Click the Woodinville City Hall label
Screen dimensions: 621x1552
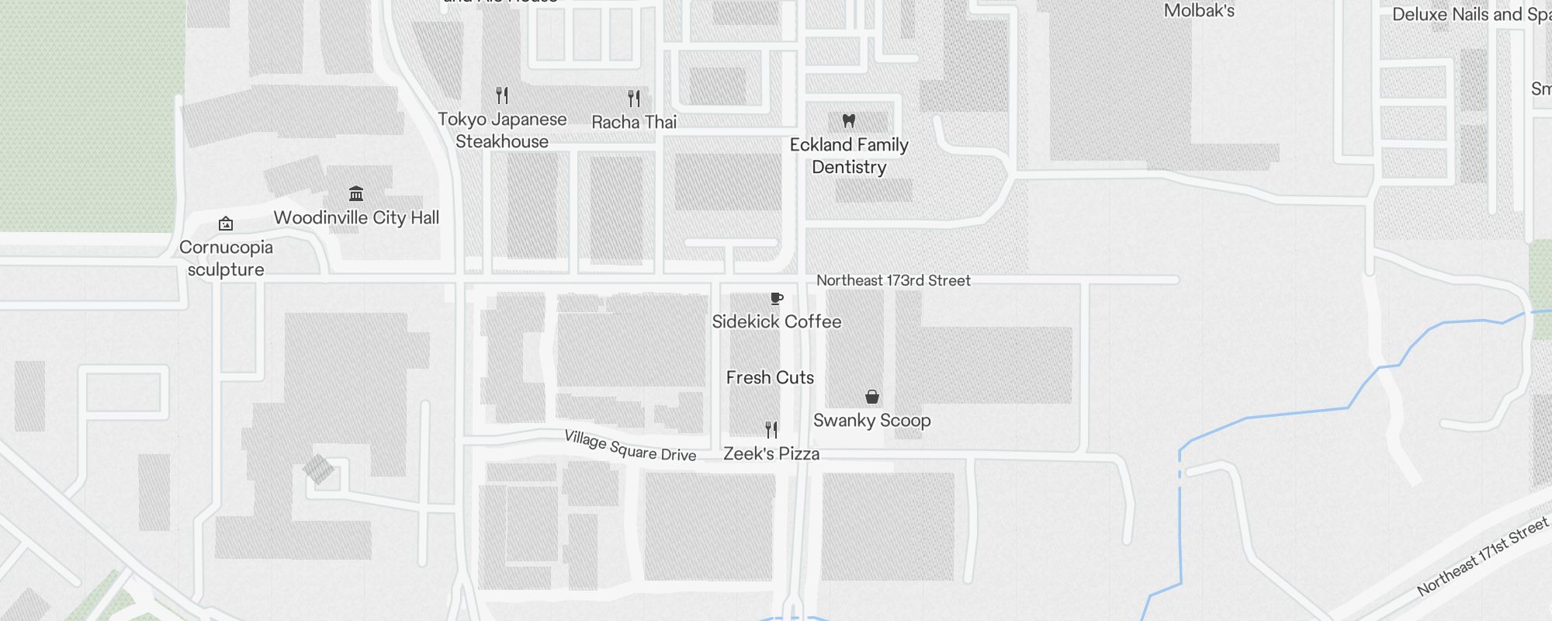(x=356, y=217)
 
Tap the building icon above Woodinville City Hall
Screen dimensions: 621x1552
(x=356, y=193)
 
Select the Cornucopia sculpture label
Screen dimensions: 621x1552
(x=226, y=258)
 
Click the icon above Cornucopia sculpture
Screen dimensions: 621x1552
(x=226, y=224)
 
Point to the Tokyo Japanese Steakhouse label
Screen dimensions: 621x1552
(x=502, y=130)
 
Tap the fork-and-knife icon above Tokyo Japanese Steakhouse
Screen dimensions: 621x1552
(x=502, y=95)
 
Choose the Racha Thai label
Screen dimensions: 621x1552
(x=634, y=122)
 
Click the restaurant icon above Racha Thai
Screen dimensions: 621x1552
(x=634, y=99)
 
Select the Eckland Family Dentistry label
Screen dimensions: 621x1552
(x=849, y=156)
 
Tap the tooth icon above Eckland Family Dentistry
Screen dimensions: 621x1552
(x=849, y=121)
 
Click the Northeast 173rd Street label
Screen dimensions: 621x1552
(x=893, y=280)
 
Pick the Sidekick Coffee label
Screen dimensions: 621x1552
(x=777, y=321)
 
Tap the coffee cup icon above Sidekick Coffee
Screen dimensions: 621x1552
(x=776, y=299)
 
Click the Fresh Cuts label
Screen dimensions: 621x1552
(x=770, y=377)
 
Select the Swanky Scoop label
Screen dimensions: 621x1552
(x=872, y=420)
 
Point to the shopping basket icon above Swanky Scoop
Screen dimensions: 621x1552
(x=872, y=397)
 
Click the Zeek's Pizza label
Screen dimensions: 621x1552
(x=771, y=453)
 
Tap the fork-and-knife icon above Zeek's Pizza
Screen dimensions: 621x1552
(x=771, y=430)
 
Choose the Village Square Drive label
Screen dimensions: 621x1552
(x=630, y=446)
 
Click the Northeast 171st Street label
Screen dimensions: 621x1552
(x=1483, y=557)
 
